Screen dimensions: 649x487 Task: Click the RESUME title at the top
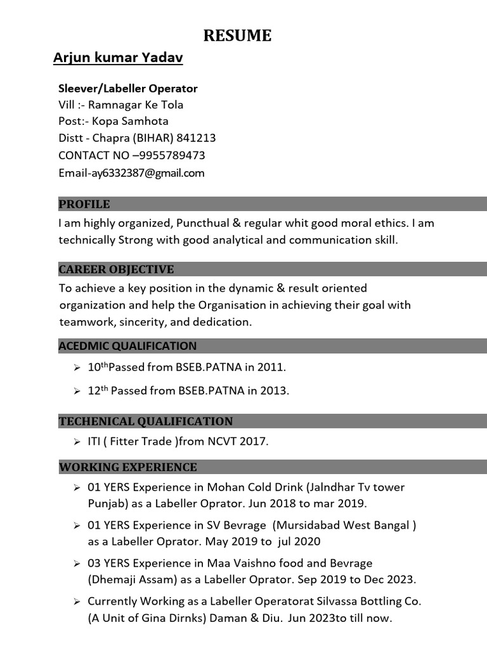(x=237, y=36)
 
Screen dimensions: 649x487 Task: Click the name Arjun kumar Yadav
(x=118, y=59)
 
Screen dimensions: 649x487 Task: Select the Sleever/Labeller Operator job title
(x=128, y=88)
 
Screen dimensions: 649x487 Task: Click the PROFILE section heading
(x=84, y=204)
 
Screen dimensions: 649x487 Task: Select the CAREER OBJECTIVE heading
(x=116, y=269)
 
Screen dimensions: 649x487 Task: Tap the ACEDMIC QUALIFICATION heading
(x=127, y=346)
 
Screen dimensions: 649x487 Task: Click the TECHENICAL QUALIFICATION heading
(x=146, y=421)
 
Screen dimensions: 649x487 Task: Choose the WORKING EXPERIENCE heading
(x=128, y=468)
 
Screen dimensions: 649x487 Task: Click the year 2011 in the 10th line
(x=273, y=367)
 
